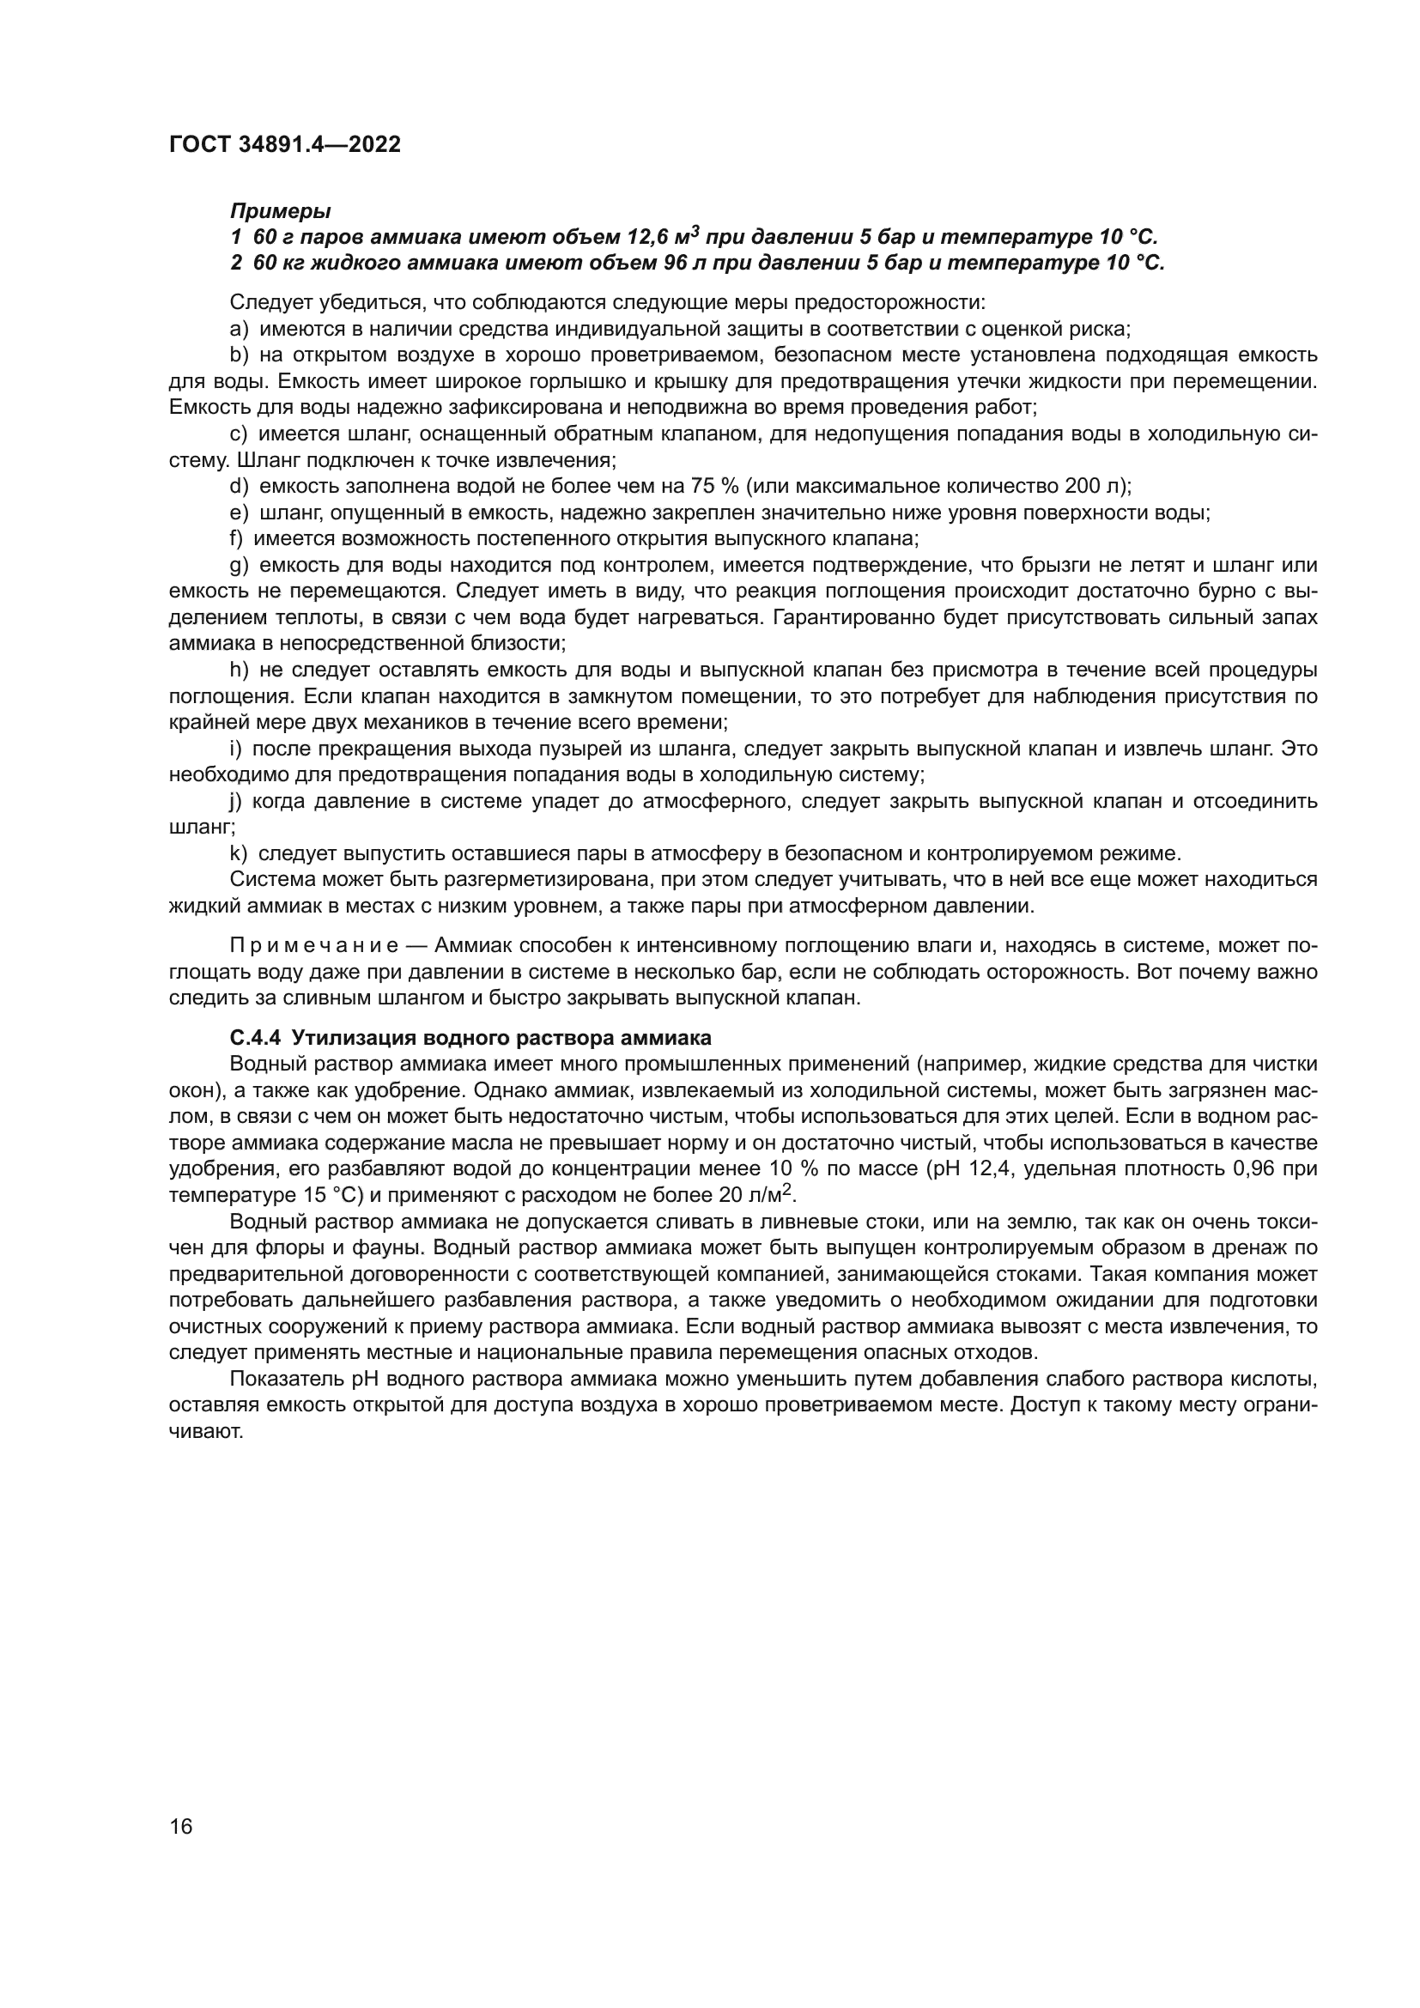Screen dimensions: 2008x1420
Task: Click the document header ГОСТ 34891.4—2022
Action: [x=285, y=145]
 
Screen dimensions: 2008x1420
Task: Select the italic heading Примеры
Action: [x=280, y=211]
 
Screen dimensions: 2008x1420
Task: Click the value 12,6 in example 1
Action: [x=649, y=238]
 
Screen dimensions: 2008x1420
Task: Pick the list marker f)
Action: [x=236, y=539]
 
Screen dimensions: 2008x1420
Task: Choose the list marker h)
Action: [x=239, y=670]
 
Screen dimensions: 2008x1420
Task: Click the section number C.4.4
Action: [x=255, y=1038]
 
